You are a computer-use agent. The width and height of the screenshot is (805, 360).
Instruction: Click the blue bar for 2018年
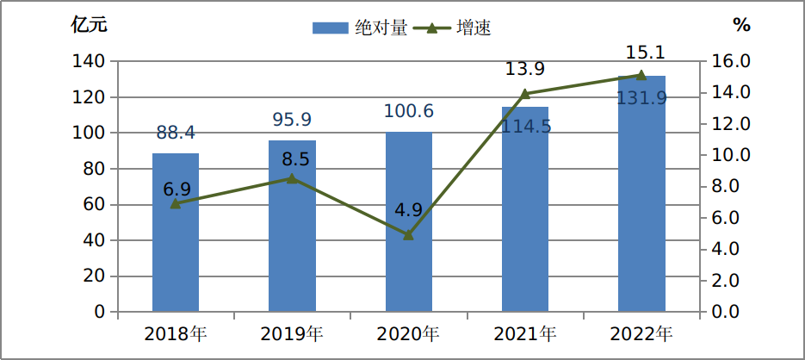coord(176,233)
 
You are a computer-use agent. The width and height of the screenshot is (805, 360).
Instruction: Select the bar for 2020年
coord(409,221)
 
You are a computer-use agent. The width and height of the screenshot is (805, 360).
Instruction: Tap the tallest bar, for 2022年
coord(641,193)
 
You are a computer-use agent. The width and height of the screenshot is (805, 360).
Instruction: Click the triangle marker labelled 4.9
coord(409,235)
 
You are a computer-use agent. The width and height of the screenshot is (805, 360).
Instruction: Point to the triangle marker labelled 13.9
coord(525,94)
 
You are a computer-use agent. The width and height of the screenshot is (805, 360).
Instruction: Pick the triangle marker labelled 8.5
coord(292,178)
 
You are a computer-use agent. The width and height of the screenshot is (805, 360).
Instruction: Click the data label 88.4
coord(176,133)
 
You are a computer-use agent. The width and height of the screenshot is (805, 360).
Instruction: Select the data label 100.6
coord(409,111)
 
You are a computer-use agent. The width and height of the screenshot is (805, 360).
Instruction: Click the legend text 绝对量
coord(381,28)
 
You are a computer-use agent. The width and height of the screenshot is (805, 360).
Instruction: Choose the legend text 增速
coord(474,28)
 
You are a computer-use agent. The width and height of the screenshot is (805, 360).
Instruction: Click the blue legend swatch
coord(331,28)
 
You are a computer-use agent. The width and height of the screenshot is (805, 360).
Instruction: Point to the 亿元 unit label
coord(90,25)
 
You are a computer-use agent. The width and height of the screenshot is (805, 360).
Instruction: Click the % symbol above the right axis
coord(741,25)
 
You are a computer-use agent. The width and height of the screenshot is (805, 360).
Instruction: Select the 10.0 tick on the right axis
coord(729,155)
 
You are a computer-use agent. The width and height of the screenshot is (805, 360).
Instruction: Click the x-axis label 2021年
coord(525,334)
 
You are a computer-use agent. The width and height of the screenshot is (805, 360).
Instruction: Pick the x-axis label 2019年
coord(292,334)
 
